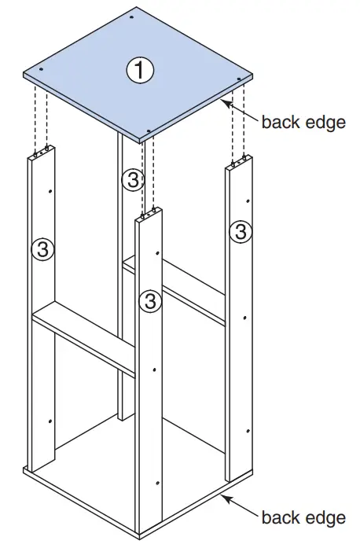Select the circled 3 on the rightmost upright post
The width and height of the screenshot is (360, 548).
241,231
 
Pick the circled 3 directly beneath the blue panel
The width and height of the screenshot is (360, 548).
133,180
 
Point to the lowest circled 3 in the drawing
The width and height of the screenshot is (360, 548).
149,300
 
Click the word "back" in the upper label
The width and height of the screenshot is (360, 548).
279,123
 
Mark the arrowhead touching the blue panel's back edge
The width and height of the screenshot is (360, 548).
226,101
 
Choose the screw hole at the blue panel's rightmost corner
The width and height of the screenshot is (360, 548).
239,79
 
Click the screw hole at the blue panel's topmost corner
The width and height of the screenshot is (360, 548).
131,16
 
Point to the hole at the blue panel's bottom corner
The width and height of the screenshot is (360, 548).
149,131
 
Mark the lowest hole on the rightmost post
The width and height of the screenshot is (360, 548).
248,432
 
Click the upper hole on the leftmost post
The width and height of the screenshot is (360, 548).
49,191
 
